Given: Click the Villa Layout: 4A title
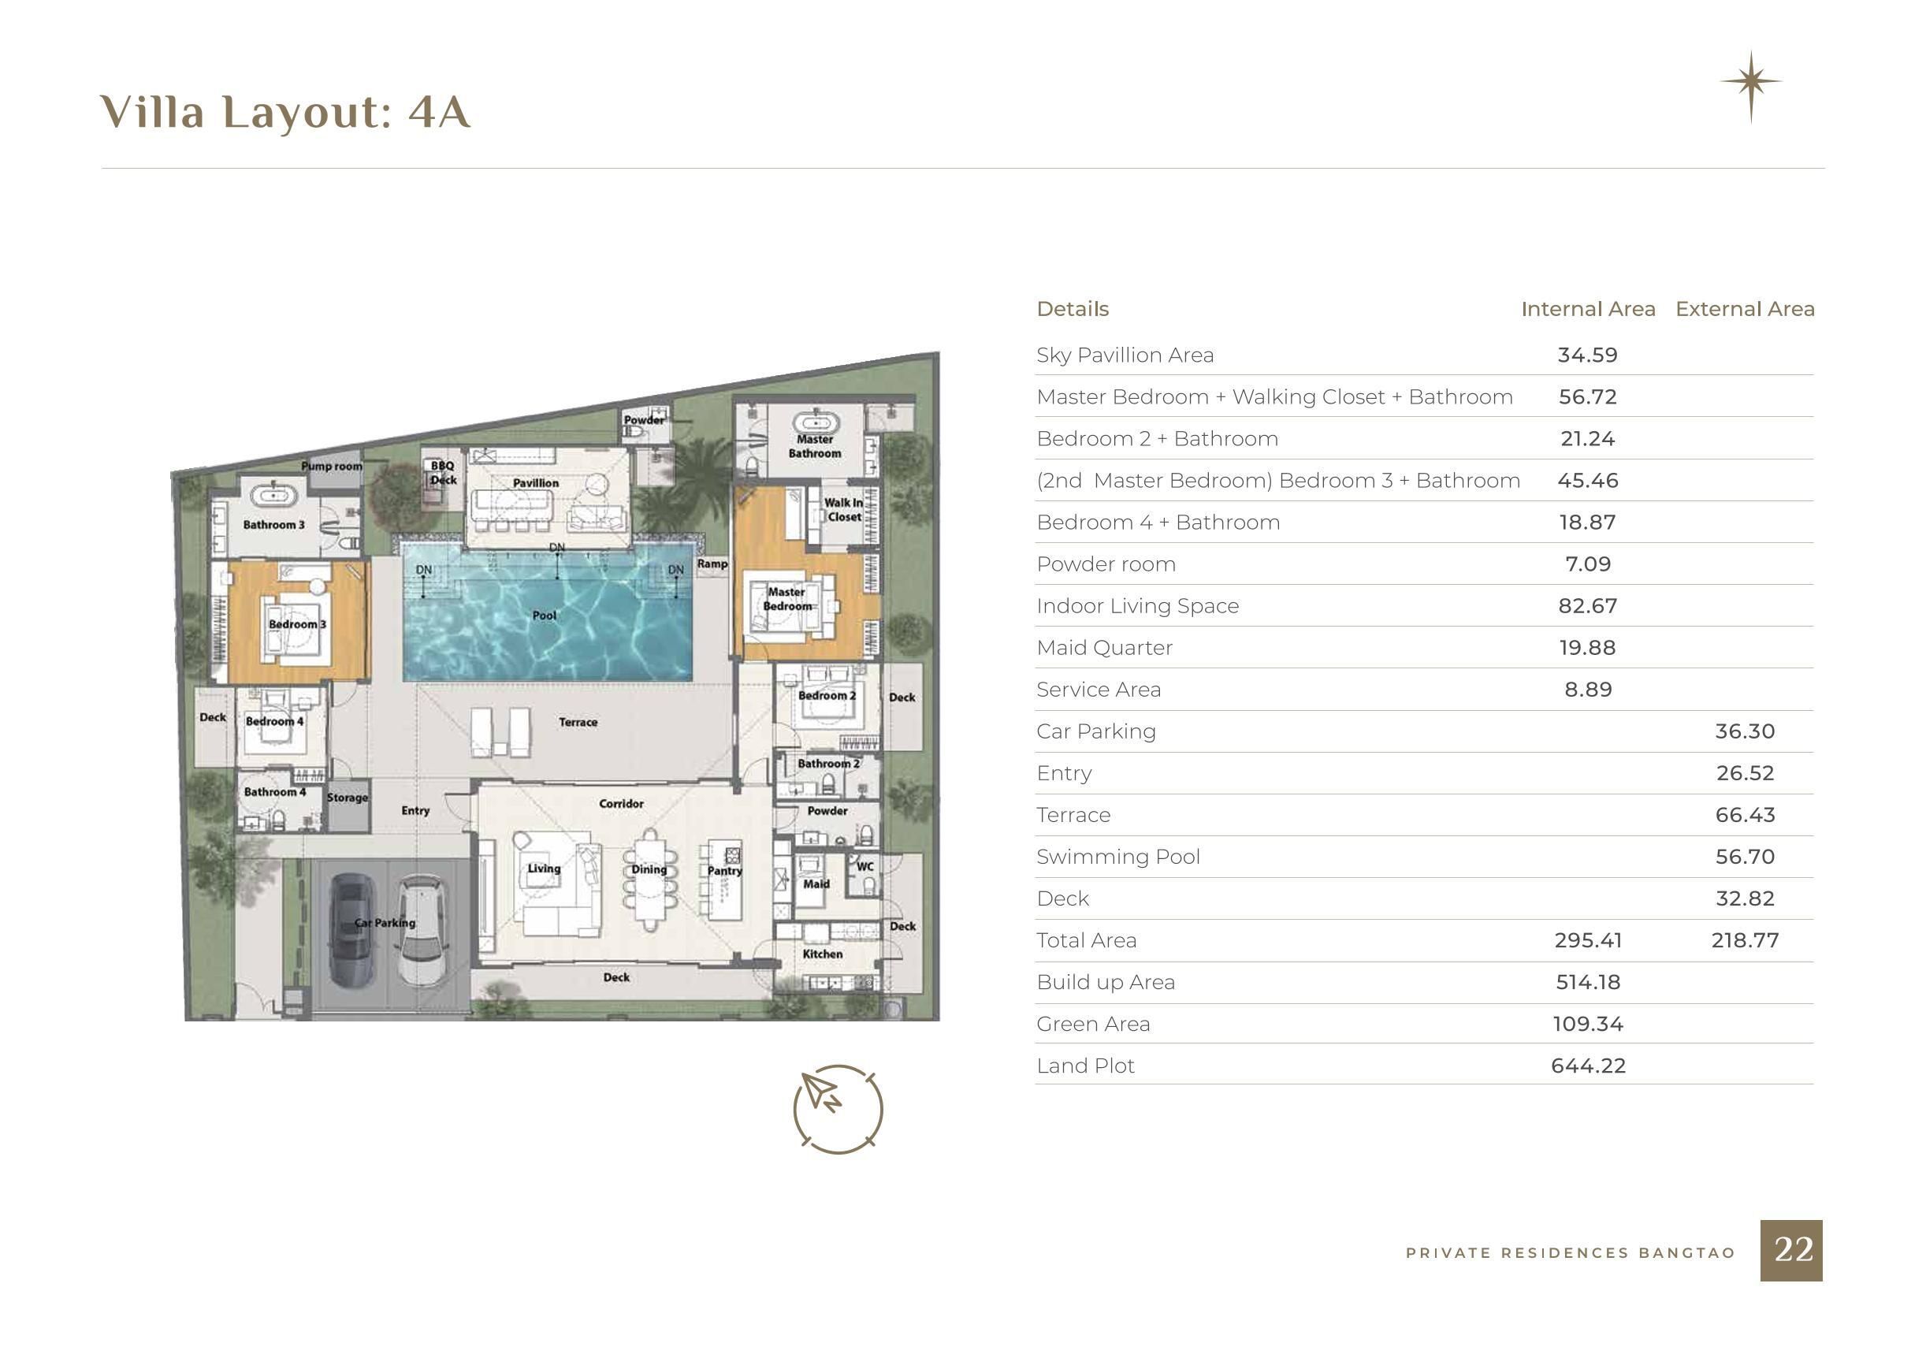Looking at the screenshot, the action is coord(285,112).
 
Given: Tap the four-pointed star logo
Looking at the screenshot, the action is coord(1751,82).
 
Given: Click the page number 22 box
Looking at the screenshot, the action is coord(1791,1250).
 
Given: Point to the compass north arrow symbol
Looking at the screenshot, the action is coord(838,1109).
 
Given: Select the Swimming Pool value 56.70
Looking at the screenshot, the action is coord(1745,857).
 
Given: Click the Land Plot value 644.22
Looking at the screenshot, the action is coord(1588,1066).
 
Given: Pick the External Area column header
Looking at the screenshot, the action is coord(1745,309).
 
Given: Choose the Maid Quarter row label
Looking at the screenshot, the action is coord(1104,648).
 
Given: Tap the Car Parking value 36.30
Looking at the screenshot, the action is coord(1745,731).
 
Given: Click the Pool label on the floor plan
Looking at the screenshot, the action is coord(545,615).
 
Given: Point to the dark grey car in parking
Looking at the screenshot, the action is coord(351,928).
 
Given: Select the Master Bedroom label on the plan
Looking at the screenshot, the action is coord(786,598).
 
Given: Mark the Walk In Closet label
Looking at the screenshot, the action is coord(843,509).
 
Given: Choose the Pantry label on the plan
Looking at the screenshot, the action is coord(725,871).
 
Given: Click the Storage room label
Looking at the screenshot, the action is coord(348,797).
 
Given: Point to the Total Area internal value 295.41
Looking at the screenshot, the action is coord(1588,940).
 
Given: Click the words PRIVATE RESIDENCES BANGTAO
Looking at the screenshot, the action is coord(1571,1252).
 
